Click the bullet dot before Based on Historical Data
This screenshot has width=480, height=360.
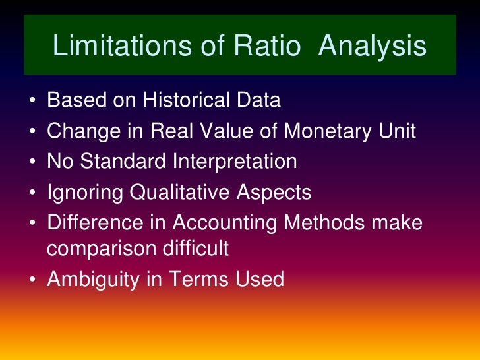[32, 102]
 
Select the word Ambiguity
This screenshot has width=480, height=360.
[92, 280]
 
